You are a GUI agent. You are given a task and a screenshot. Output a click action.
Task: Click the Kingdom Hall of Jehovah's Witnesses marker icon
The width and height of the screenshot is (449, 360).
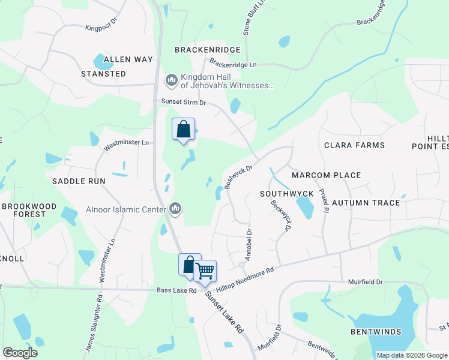(x=172, y=80)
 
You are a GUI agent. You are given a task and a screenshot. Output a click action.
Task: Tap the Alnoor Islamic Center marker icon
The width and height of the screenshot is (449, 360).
(x=176, y=209)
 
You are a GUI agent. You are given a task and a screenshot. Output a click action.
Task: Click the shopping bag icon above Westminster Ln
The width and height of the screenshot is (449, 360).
(x=184, y=129)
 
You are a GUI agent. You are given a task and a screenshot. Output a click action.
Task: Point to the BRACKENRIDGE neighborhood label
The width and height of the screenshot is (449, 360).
(x=207, y=50)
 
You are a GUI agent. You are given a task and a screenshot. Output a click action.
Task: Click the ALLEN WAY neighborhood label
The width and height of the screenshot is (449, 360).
(x=128, y=59)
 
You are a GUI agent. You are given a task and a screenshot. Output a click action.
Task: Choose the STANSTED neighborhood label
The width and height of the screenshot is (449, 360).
(x=104, y=74)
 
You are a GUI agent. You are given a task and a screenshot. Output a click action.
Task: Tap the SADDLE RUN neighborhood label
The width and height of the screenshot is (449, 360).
(x=79, y=181)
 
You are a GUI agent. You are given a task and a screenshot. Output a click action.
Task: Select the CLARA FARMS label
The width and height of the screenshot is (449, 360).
(x=354, y=146)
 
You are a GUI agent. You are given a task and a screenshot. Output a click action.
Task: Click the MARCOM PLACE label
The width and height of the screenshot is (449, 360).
(x=327, y=175)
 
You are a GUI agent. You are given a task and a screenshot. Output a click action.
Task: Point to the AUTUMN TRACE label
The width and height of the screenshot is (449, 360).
(x=366, y=203)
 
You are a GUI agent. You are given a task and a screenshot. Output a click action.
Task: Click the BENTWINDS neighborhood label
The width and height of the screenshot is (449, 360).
(x=376, y=332)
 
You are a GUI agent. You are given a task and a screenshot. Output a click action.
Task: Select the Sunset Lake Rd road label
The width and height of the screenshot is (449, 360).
(x=223, y=313)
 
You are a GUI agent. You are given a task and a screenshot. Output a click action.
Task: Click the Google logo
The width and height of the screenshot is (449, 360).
(x=20, y=353)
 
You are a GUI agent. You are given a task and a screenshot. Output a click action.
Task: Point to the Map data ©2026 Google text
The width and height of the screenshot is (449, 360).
(x=412, y=355)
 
